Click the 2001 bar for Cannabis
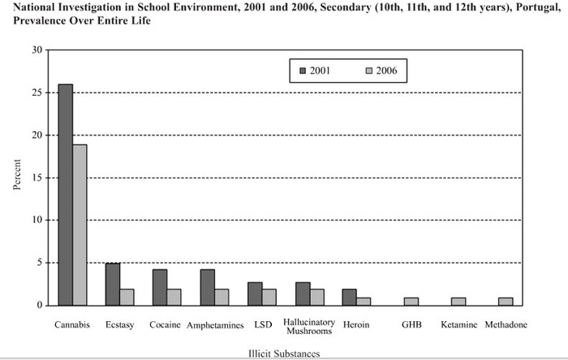(x=66, y=195)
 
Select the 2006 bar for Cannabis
(x=80, y=225)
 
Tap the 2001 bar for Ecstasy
(x=113, y=285)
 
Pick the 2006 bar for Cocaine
(x=174, y=297)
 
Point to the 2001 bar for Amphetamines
(x=208, y=287)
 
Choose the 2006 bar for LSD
(x=269, y=297)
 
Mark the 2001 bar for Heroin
(x=350, y=297)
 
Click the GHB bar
(x=411, y=302)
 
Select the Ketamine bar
(x=458, y=302)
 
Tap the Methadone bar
(x=506, y=302)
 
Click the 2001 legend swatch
(x=303, y=71)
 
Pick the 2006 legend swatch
(x=368, y=71)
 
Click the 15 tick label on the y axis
(x=37, y=178)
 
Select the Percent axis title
(x=17, y=174)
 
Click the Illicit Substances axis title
(x=284, y=354)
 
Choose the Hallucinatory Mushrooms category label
(x=309, y=327)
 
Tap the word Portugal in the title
(x=538, y=7)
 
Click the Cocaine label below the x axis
(x=165, y=324)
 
